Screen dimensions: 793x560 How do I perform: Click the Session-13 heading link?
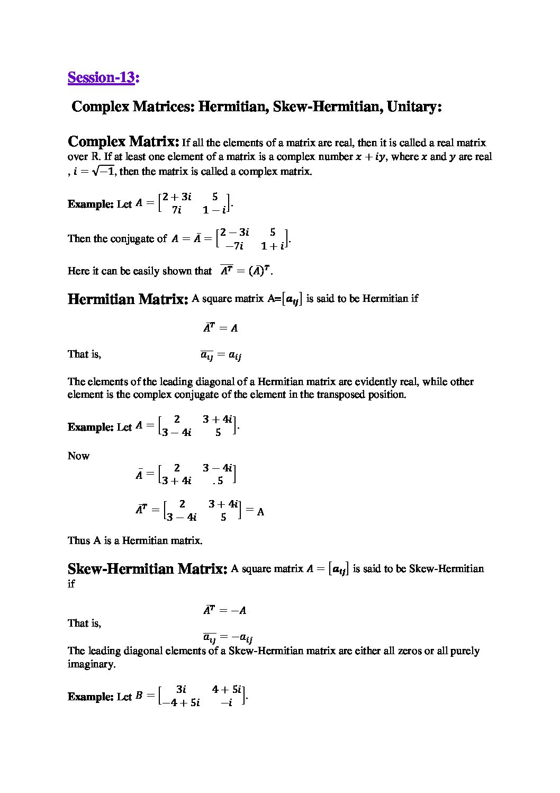101,77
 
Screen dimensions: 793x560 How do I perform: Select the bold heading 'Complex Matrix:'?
123,142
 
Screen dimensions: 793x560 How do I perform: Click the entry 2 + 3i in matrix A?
177,197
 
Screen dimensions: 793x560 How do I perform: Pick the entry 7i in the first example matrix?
176,210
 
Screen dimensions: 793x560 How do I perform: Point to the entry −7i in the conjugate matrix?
234,246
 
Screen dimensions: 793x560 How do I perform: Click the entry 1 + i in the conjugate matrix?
273,246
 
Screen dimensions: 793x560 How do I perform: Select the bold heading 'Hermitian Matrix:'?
128,299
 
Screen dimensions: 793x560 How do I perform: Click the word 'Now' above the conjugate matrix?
78,456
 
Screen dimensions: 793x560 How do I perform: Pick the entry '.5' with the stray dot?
218,481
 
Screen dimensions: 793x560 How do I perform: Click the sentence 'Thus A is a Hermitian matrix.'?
135,541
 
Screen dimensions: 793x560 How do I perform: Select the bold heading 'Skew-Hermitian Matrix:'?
147,569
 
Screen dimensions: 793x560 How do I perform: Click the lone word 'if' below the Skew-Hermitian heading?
71,584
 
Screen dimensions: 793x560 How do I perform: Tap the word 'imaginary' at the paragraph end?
91,664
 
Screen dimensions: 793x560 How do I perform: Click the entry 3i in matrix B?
181,689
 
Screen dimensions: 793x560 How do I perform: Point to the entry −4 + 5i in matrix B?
181,703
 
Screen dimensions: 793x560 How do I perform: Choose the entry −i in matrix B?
227,703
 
